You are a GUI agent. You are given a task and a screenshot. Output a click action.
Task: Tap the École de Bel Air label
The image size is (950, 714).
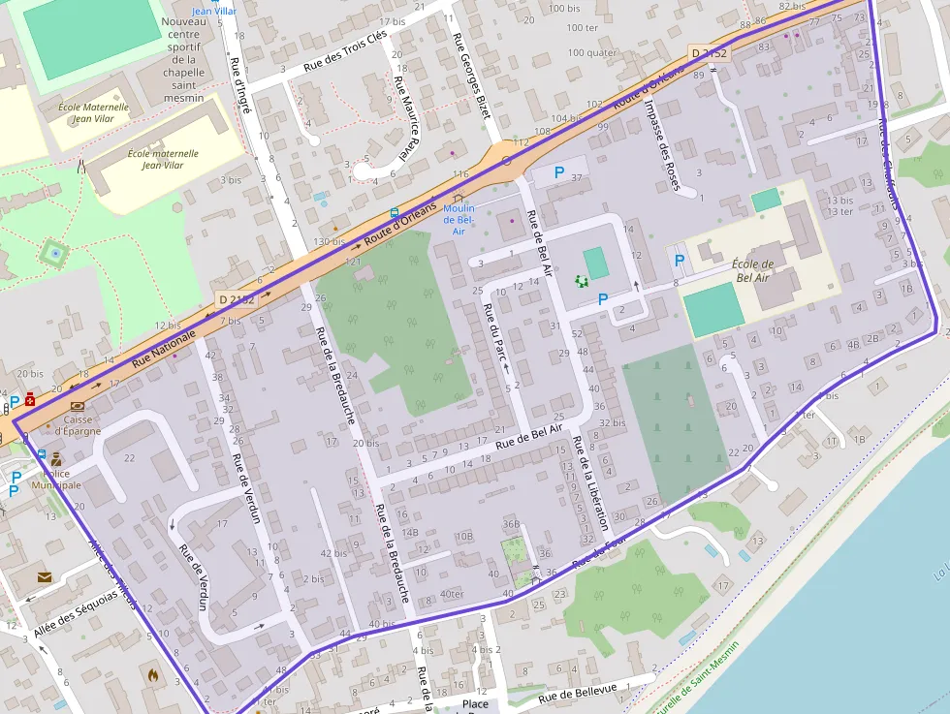point(754,271)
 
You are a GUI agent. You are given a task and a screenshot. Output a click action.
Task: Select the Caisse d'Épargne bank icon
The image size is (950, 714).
point(77,406)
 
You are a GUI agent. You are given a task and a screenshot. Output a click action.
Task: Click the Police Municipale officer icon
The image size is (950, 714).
point(56,460)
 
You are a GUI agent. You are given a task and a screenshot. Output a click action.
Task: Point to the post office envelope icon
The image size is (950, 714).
point(45,577)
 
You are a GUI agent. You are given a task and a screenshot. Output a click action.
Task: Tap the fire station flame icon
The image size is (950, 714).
point(152,671)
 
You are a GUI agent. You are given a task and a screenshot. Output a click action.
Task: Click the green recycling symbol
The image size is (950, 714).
point(582,281)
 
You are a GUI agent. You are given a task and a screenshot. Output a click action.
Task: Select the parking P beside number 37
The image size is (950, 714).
point(558,172)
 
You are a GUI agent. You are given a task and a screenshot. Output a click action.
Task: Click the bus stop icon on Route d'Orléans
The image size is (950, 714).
point(394,213)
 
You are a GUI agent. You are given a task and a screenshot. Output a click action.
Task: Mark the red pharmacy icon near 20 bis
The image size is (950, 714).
point(30,398)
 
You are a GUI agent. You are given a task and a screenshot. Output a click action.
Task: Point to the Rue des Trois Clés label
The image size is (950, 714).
point(345,50)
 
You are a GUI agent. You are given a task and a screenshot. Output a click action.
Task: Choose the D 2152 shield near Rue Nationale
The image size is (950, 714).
point(237,299)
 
